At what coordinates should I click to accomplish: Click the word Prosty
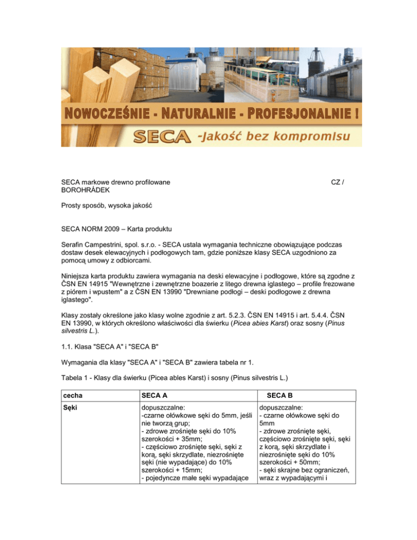72,208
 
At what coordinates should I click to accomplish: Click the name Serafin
74,249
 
